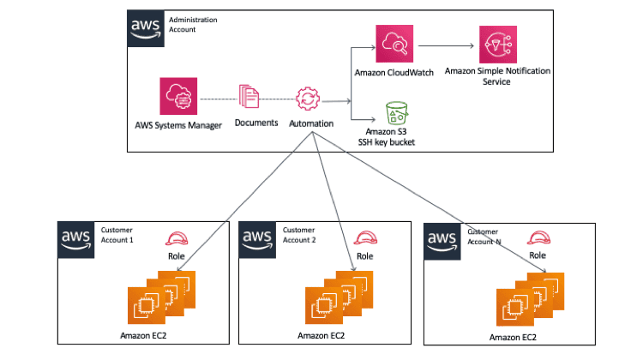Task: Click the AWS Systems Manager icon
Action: [x=178, y=97]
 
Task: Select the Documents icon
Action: [x=249, y=96]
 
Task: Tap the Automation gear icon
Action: [x=307, y=98]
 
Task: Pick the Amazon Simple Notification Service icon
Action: [x=497, y=44]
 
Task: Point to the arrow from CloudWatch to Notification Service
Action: [x=444, y=44]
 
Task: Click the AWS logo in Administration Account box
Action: [x=146, y=27]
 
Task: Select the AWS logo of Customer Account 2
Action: [x=258, y=239]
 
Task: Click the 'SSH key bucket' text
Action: [x=386, y=141]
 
